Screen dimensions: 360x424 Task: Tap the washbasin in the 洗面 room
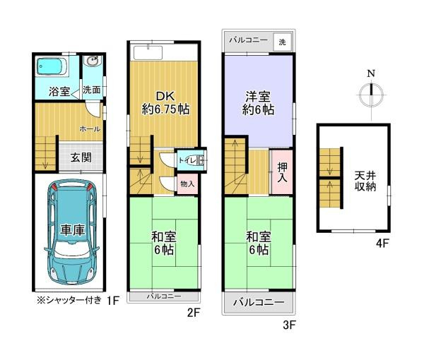coord(91,63)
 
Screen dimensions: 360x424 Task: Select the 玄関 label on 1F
coord(81,157)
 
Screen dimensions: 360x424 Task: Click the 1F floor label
coord(112,300)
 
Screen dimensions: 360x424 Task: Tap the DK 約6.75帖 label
coord(164,103)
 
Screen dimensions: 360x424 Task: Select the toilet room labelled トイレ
coord(190,161)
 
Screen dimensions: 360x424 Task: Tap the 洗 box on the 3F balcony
coord(282,42)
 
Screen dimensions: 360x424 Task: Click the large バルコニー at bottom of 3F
coord(259,304)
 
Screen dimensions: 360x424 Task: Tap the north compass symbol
coord(372,92)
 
